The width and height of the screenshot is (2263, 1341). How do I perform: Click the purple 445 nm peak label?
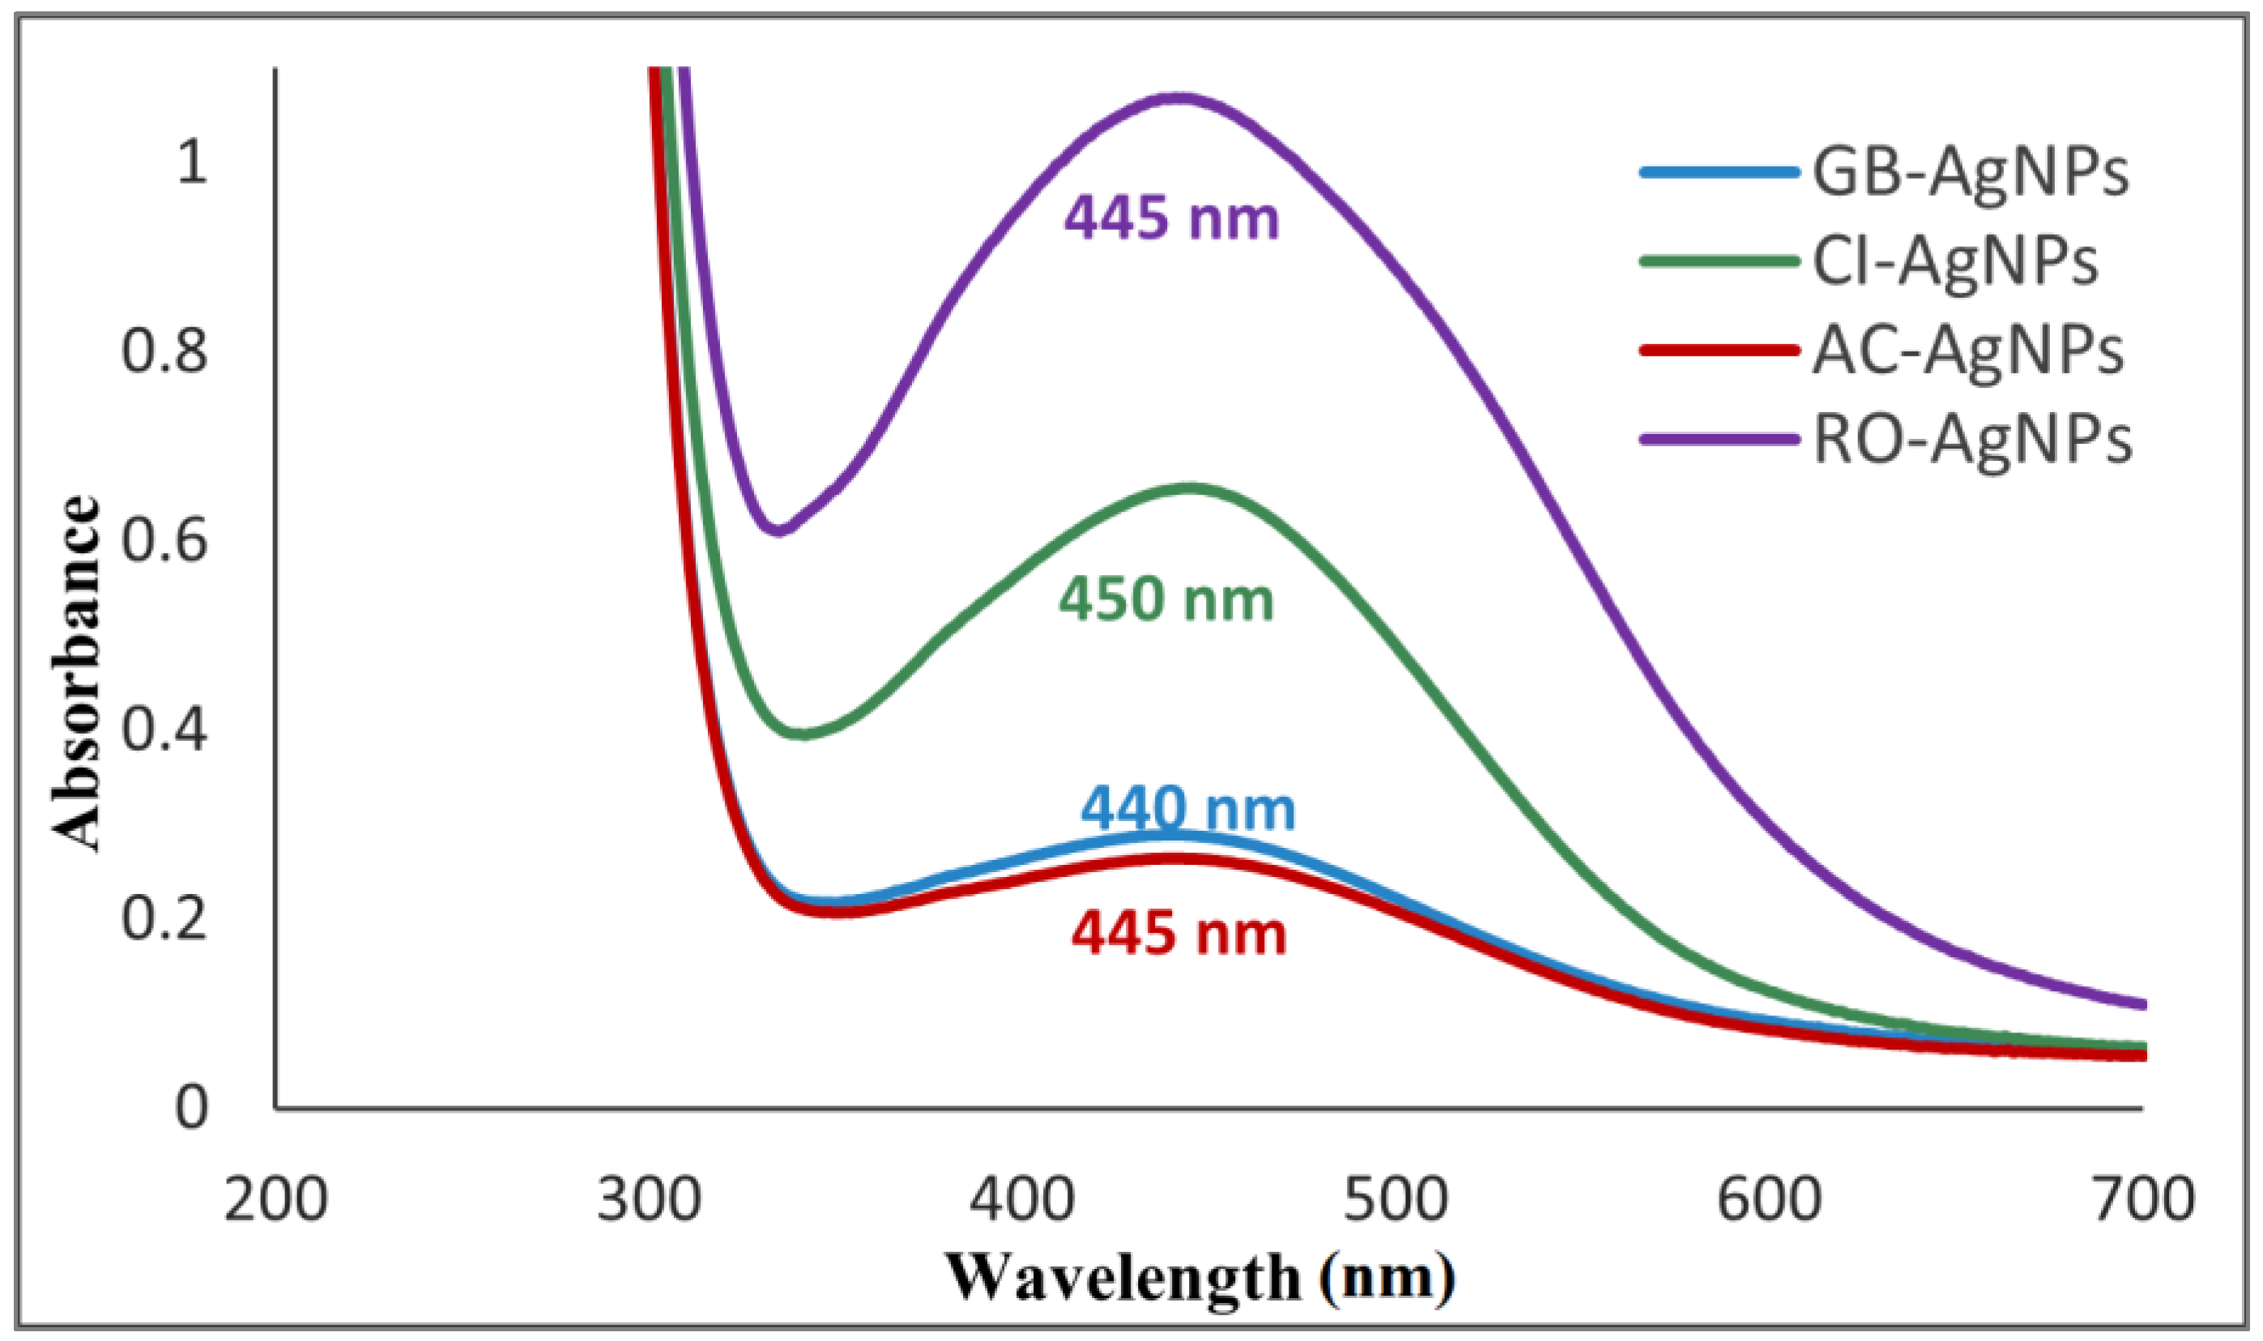1171,219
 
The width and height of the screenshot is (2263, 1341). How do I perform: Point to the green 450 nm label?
1166,599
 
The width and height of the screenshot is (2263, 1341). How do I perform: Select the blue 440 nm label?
1188,808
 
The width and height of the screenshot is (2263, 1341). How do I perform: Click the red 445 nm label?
1178,934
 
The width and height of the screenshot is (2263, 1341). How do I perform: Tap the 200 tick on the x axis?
275,1201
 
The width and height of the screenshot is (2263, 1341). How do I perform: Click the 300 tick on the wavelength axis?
649,1201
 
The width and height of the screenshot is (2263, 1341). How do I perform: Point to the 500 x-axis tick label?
1396,1201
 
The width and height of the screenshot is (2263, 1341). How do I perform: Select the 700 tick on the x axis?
2143,1201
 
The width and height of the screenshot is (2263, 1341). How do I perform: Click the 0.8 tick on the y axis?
164,351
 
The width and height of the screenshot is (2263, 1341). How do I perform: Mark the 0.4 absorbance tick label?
164,728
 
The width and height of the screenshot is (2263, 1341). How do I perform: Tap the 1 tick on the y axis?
192,163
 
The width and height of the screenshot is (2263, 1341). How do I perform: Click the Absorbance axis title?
76,673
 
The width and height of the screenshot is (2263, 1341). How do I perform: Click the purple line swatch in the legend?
1719,440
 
